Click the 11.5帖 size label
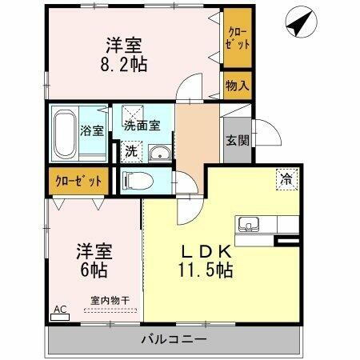(206, 270)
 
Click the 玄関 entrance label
(235, 140)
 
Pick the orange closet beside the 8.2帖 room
(238, 38)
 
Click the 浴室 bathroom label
(93, 131)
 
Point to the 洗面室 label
(142, 126)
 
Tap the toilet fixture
(140, 181)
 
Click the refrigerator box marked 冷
(286, 178)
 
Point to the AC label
(59, 308)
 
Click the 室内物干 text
(110, 300)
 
